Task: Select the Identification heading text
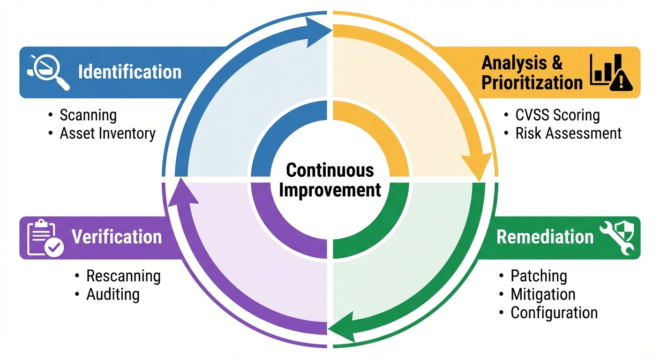pos(129,72)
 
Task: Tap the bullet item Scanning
pos(88,115)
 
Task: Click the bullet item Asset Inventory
pos(107,134)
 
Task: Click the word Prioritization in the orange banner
pos(532,83)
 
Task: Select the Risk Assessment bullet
pos(568,133)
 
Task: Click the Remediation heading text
pos(545,237)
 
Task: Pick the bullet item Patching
pos(539,276)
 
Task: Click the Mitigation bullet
pos(543,294)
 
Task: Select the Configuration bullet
pos(554,313)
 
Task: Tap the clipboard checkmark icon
pos(45,238)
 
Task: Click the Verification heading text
pos(116,237)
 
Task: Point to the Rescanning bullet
pos(123,276)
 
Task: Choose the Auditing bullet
pos(113,294)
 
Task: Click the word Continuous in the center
pos(330,170)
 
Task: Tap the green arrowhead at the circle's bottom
pos(340,324)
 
